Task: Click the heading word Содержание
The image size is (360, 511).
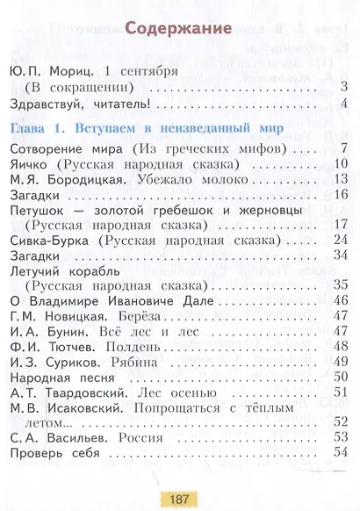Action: point(179,27)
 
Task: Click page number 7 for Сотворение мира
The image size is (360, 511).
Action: point(345,148)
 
